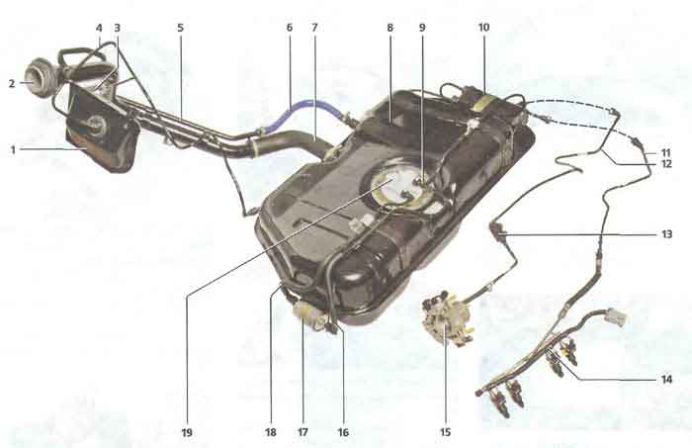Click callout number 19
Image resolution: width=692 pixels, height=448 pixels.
(187, 432)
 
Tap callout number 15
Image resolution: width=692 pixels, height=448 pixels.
(445, 432)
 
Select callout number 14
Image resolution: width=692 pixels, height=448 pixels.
(666, 379)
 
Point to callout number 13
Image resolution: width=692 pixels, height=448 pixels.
(666, 234)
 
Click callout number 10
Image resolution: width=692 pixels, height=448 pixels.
(483, 28)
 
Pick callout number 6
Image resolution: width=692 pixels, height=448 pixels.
(289, 28)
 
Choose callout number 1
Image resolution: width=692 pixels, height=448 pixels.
(13, 150)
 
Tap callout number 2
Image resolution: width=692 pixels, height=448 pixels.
(12, 83)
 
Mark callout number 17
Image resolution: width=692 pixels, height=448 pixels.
(303, 432)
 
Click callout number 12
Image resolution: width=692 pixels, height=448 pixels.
(666, 164)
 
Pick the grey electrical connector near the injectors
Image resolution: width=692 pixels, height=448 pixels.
(616, 316)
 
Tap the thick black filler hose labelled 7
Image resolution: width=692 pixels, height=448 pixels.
(295, 142)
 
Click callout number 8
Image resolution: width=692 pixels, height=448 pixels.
(389, 28)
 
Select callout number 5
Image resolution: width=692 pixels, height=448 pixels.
(180, 28)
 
